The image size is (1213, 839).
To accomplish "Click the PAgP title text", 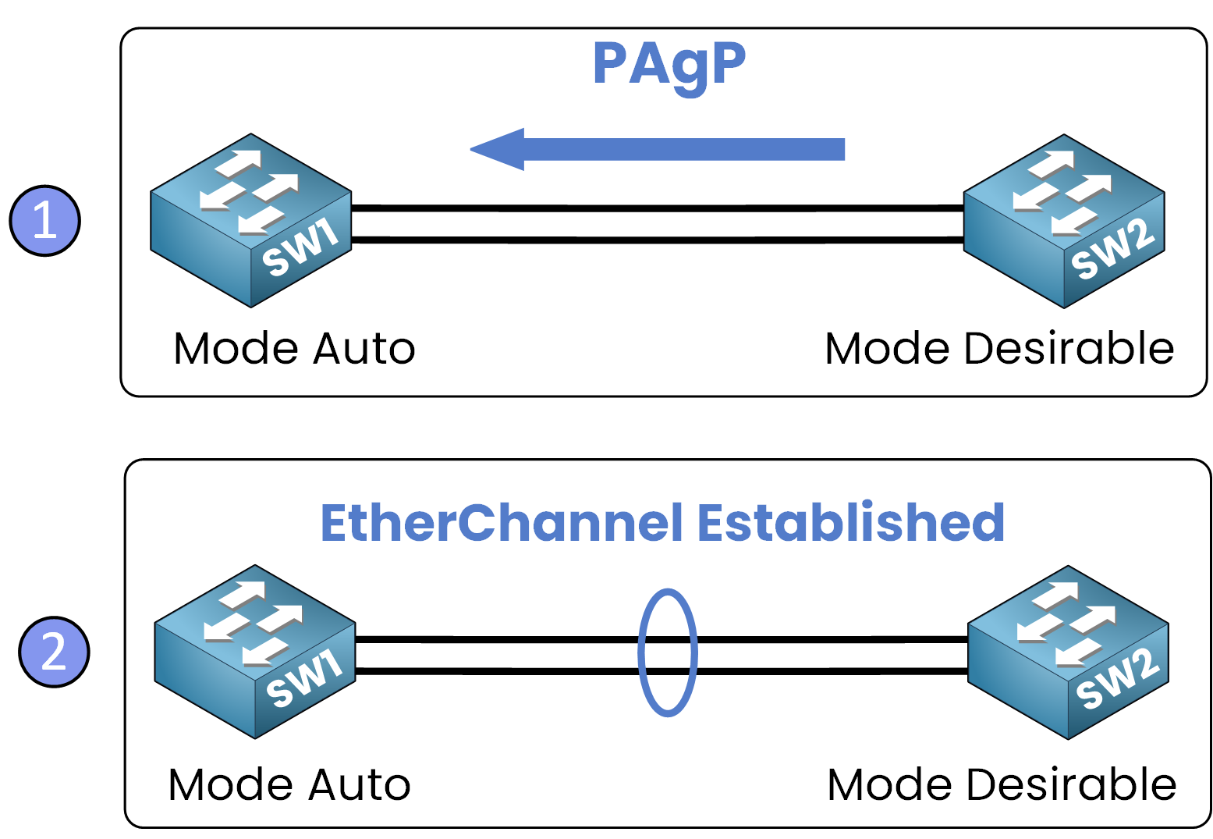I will tap(669, 65).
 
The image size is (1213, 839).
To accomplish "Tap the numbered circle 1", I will tap(45, 221).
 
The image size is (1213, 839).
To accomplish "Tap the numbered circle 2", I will tap(54, 652).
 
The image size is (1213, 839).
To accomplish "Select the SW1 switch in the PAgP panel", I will tap(251, 220).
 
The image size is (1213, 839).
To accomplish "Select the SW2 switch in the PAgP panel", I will tap(1064, 221).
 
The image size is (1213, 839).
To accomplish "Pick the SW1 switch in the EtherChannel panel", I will tap(255, 652).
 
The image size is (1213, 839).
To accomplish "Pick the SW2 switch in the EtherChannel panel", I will tap(1068, 652).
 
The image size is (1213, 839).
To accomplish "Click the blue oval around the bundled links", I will tap(641, 652).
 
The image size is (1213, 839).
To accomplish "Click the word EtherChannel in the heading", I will tap(502, 523).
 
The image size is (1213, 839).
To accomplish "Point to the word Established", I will tap(850, 523).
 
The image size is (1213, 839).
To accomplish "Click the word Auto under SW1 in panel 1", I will tap(364, 348).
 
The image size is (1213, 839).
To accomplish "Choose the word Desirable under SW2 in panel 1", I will tap(1069, 348).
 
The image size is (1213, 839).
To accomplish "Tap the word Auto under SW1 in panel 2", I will tap(360, 784).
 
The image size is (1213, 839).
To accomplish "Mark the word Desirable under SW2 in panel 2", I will tap(1072, 784).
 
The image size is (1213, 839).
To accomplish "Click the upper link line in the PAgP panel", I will tap(658, 208).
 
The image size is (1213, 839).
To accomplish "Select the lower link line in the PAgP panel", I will tap(658, 240).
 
